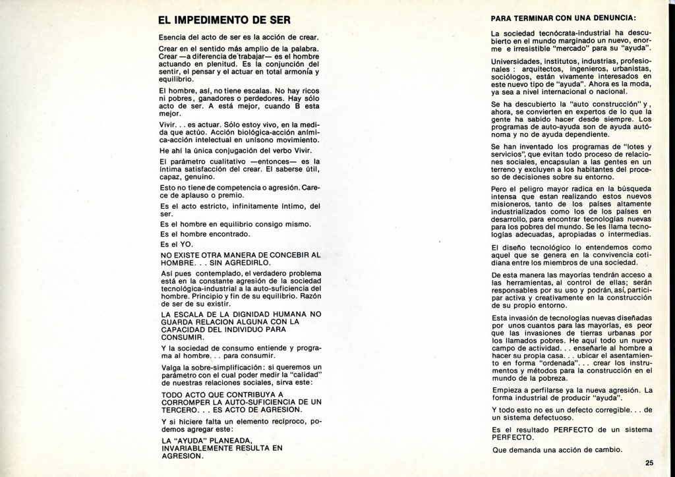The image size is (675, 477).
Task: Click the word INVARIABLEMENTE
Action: point(203,448)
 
